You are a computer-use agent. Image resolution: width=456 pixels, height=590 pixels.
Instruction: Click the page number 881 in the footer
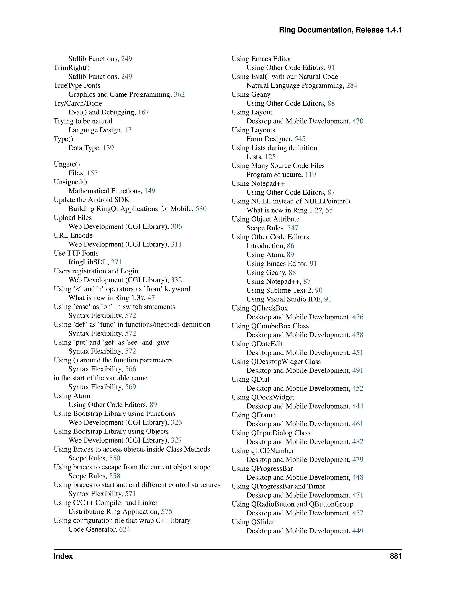pyautogui.click(x=395, y=556)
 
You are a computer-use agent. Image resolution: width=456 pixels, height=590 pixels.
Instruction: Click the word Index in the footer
pyautogui.click(x=63, y=556)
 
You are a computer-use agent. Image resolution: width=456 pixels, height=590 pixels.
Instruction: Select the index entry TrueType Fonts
pyautogui.click(x=77, y=86)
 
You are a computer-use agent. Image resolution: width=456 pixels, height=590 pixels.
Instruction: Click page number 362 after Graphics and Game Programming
pyautogui.click(x=179, y=95)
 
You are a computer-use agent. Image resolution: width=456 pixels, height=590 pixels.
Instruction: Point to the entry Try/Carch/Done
pyautogui.click(x=78, y=104)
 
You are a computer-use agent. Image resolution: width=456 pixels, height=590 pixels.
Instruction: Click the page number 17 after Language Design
pyautogui.click(x=128, y=130)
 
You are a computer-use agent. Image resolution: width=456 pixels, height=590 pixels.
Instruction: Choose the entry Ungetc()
pyautogui.click(x=67, y=164)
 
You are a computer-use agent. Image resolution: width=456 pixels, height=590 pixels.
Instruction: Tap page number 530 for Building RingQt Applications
pyautogui.click(x=201, y=209)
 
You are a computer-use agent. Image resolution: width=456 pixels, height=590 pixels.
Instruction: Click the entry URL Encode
pyautogui.click(x=73, y=236)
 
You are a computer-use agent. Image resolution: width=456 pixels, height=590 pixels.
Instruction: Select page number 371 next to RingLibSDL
pyautogui.click(x=116, y=262)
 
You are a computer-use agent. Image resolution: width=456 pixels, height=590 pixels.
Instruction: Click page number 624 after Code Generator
pyautogui.click(x=124, y=529)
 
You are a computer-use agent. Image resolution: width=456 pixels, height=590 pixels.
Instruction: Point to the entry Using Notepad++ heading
pyautogui.click(x=258, y=184)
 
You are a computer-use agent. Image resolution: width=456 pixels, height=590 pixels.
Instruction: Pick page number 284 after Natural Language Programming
pyautogui.click(x=352, y=86)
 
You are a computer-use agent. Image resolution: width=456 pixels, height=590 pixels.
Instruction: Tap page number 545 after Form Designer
pyautogui.click(x=300, y=139)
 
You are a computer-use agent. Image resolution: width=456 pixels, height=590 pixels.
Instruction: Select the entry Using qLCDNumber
pyautogui.click(x=263, y=451)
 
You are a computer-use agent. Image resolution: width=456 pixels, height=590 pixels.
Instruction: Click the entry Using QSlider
pyautogui.click(x=253, y=522)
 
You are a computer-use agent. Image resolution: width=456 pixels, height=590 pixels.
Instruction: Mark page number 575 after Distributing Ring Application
pyautogui.click(x=167, y=512)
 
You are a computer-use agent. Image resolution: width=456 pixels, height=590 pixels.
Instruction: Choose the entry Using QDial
pyautogui.click(x=250, y=380)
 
